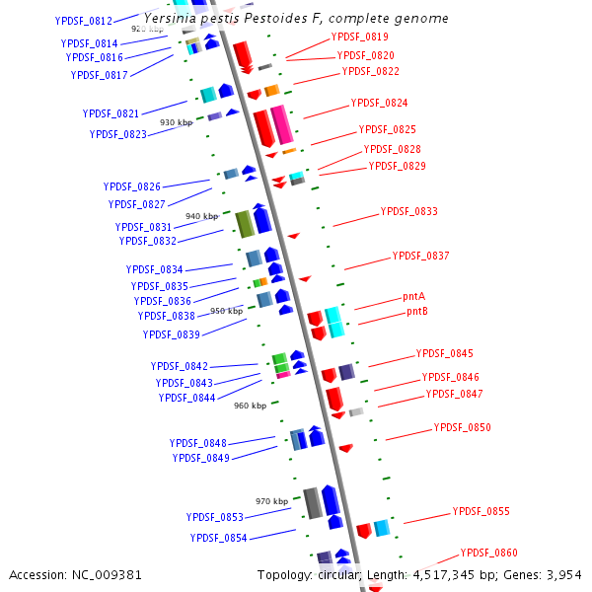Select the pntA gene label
point(413,296)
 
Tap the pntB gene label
point(416,312)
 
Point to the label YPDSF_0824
point(379,104)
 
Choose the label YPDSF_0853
point(214,518)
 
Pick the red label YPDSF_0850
point(462,428)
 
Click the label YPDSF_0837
point(420,257)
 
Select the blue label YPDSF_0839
point(171,335)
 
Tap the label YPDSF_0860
point(488,554)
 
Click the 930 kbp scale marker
point(176,122)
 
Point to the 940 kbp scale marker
point(201,216)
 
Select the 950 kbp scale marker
point(226,311)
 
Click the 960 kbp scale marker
point(250,406)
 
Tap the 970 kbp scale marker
point(271,501)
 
